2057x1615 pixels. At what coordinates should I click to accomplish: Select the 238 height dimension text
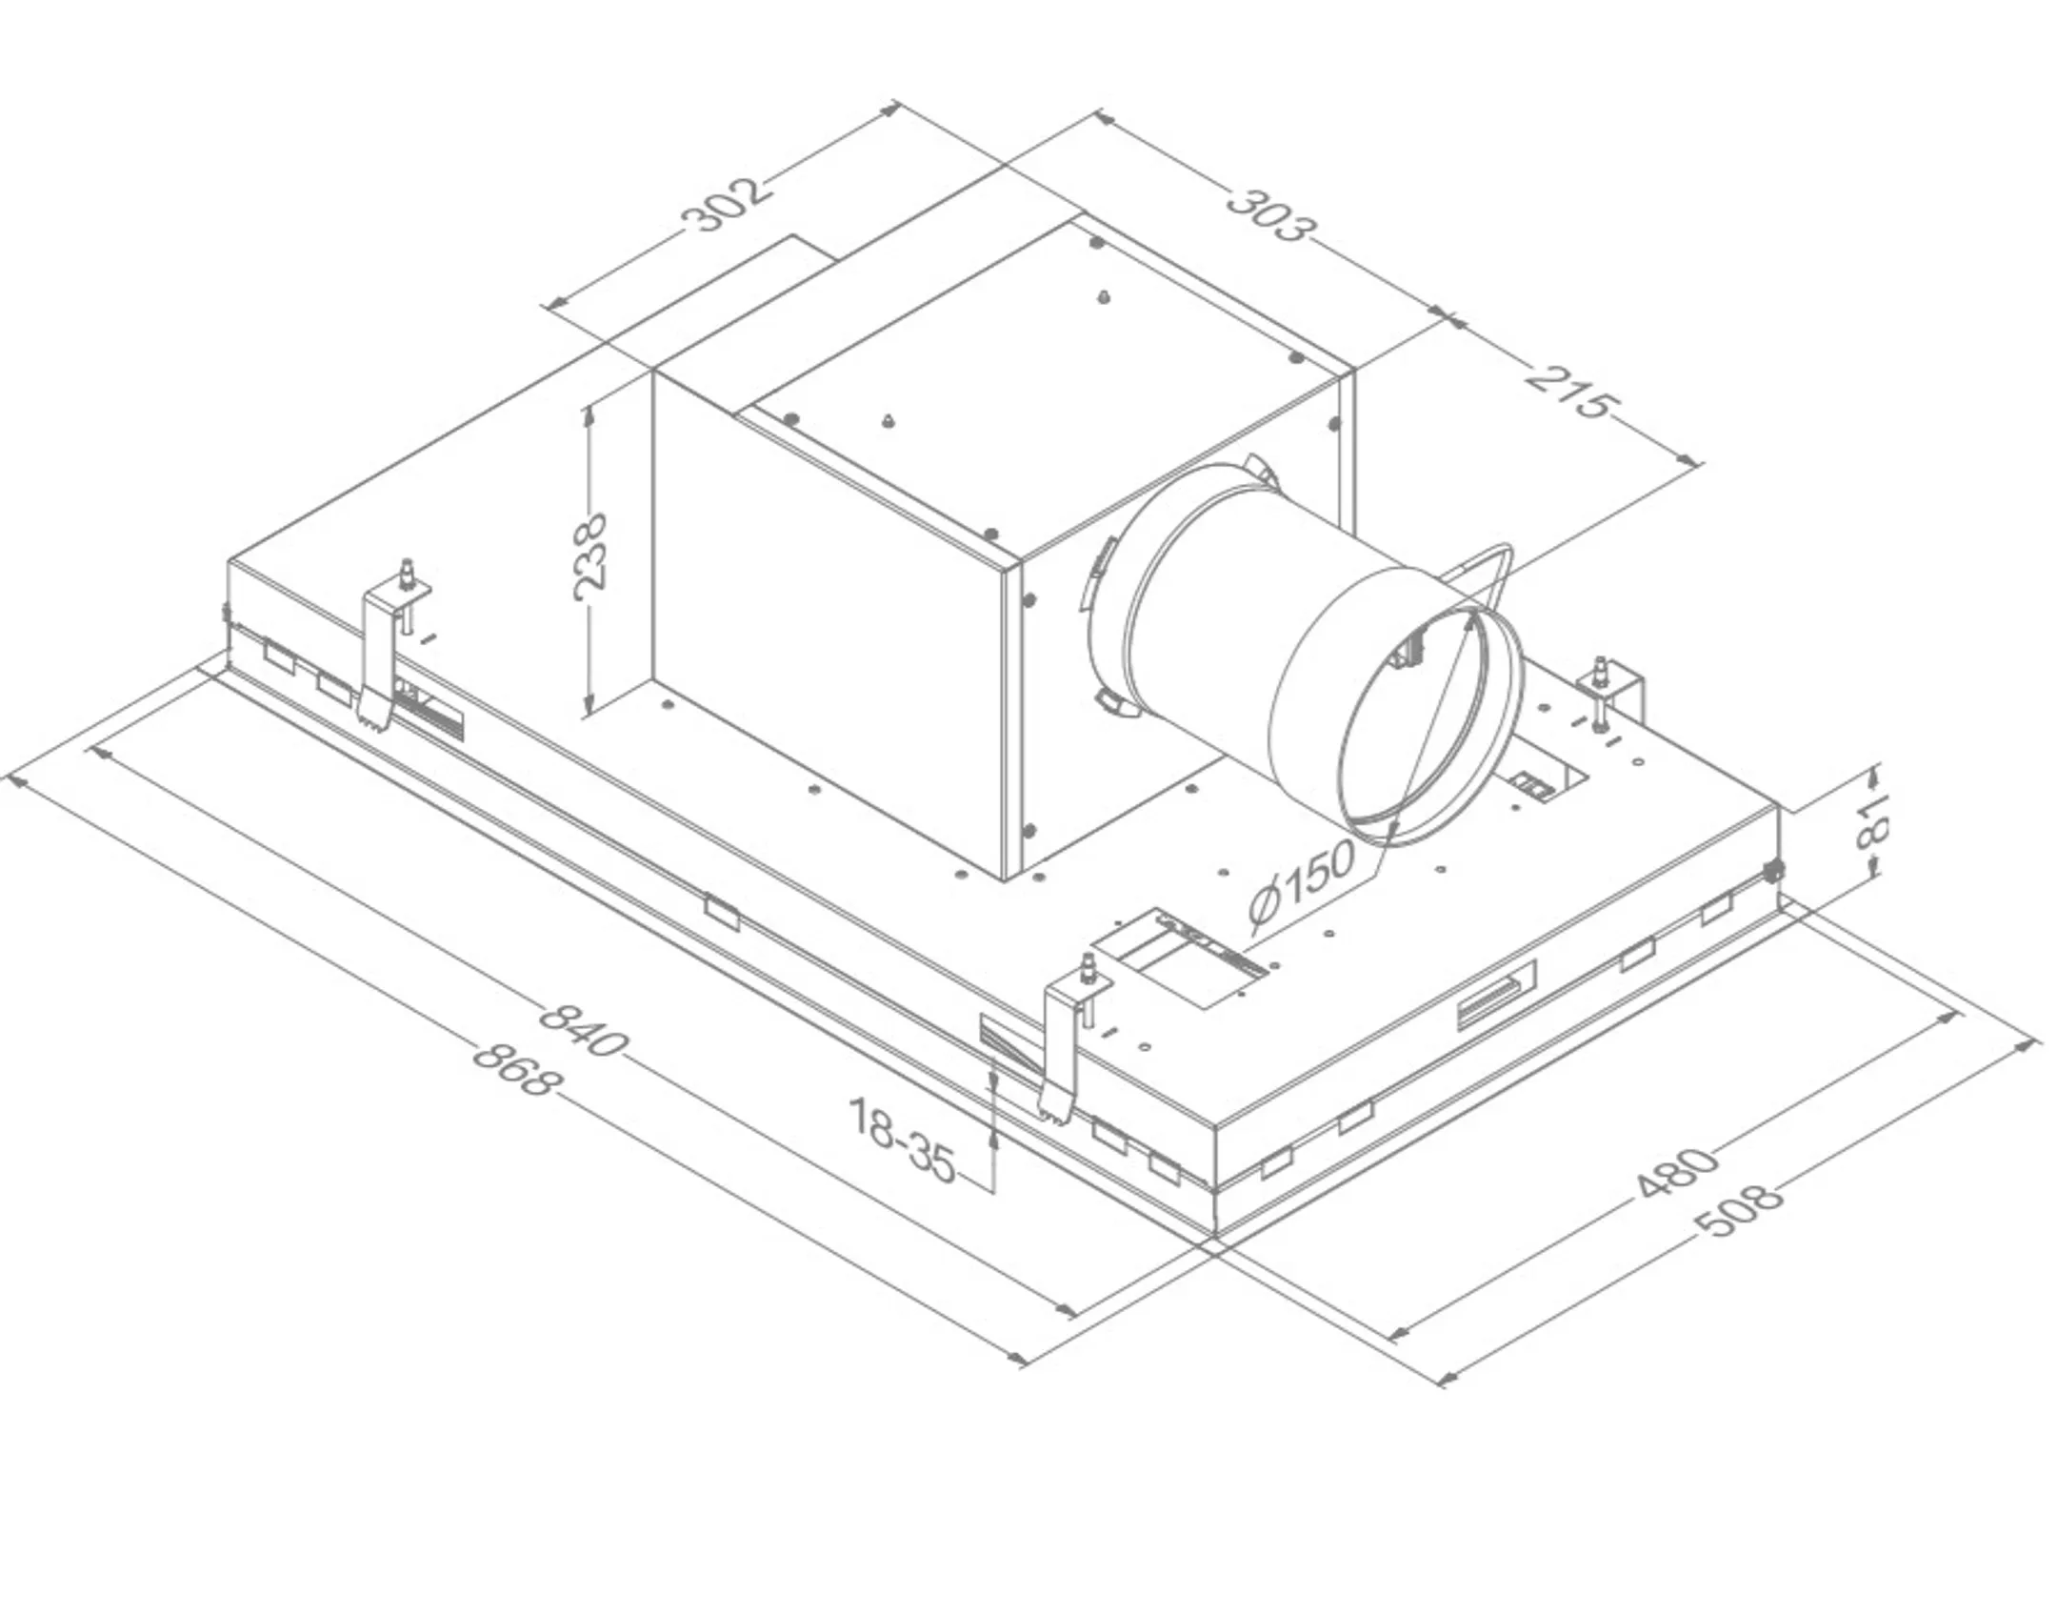[x=590, y=557]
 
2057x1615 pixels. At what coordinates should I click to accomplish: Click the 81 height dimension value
[x=1871, y=821]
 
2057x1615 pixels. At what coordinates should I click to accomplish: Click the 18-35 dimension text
[x=900, y=1141]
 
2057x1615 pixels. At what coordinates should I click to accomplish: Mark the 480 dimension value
[x=1678, y=1172]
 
